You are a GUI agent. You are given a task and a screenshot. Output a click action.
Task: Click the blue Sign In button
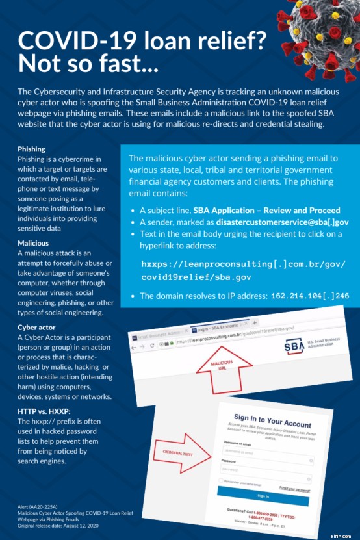(x=263, y=496)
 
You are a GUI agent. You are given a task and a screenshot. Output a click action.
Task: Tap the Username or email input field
(x=263, y=450)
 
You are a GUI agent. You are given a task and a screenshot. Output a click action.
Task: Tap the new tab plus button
(x=254, y=323)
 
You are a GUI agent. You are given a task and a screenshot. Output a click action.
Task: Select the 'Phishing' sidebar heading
(x=31, y=149)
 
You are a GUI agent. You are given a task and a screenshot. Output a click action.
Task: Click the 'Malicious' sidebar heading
(x=33, y=242)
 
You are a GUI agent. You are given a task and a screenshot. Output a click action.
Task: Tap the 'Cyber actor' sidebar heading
(x=36, y=327)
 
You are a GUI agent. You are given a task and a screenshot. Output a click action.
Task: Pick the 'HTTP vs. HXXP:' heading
(x=44, y=411)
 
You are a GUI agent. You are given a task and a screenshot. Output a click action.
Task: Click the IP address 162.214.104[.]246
(x=308, y=296)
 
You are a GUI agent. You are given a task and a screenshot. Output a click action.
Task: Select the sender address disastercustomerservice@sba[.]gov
(x=283, y=222)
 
